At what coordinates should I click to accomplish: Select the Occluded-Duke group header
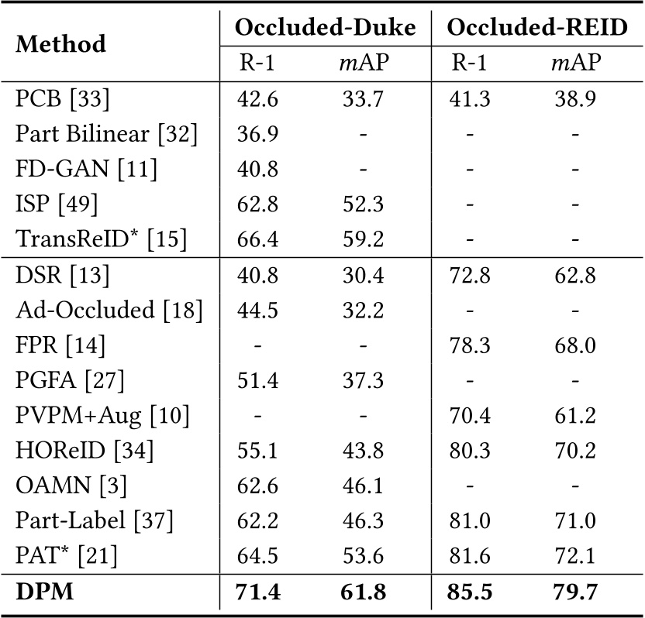325,28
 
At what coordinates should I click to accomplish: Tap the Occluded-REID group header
537,28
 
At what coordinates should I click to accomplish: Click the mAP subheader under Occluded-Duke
364,63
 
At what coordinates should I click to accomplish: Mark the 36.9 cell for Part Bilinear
256,133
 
